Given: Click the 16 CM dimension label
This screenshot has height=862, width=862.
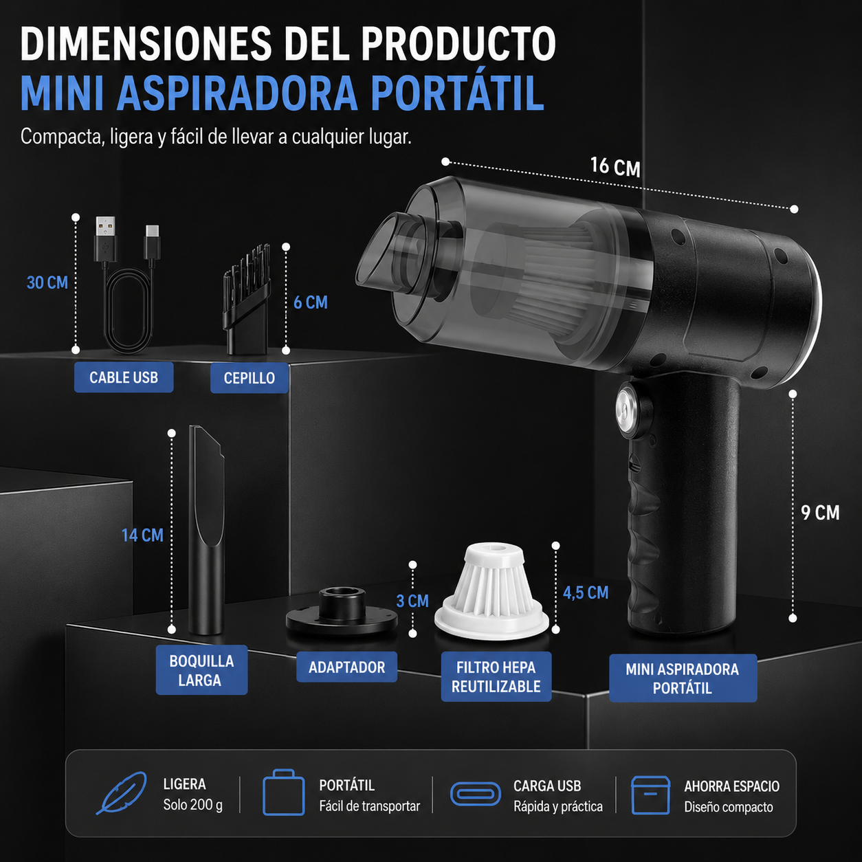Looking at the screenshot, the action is [615, 167].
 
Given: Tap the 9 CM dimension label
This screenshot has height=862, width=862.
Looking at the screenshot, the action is [820, 513].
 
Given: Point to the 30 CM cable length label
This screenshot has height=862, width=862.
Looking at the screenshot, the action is [47, 283].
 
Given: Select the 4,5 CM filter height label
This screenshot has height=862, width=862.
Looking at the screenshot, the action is [586, 593].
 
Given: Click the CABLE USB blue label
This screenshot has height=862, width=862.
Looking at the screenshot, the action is [124, 377].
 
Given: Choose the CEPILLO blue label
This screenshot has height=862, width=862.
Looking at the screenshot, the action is [250, 379].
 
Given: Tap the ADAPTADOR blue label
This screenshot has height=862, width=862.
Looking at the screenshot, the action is [346, 667].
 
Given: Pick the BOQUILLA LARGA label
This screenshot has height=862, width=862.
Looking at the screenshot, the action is [201, 670].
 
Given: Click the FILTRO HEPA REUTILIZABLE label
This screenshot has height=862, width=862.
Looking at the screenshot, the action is [496, 676].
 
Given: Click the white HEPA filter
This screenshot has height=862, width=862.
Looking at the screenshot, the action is [491, 591].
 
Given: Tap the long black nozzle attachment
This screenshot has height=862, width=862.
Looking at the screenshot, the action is [206, 530].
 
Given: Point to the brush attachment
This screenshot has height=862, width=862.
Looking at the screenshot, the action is [247, 300].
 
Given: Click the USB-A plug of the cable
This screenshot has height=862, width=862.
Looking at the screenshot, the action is [106, 239].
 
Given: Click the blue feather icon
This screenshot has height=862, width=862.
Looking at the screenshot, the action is [122, 793].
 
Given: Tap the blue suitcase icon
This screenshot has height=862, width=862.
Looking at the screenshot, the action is [284, 793].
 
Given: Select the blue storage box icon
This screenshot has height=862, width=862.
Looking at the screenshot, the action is [650, 795].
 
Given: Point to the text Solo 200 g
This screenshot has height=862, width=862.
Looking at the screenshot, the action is [192, 805].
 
